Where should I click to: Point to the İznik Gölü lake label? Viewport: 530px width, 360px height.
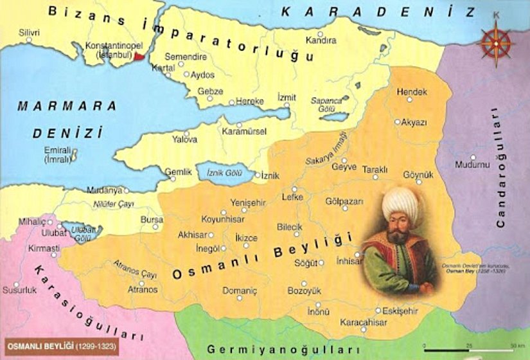pos(222,173)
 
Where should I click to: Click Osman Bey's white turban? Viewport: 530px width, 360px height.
pos(400,204)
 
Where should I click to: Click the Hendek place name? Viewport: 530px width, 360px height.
pos(412,93)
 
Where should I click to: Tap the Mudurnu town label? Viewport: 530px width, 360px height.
pos(472,165)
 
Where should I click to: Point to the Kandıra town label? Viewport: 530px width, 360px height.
pos(321,40)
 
